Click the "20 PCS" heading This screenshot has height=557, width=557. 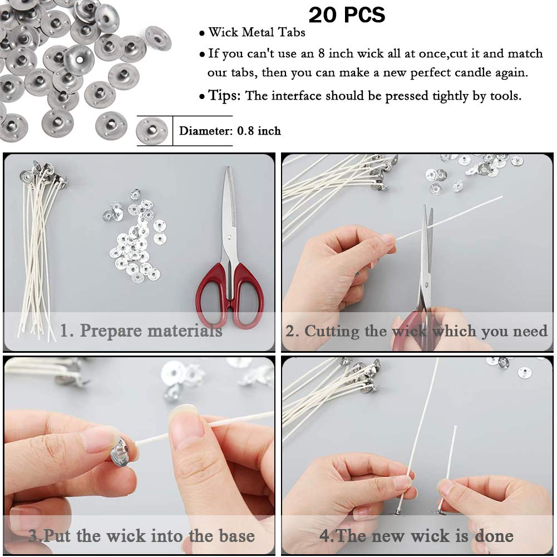(347, 15)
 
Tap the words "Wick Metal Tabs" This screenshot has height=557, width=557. (257, 33)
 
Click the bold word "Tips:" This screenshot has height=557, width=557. (225, 95)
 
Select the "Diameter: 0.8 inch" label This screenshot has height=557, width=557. (230, 131)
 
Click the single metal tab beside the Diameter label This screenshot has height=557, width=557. (152, 131)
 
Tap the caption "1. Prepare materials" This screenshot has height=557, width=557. (141, 331)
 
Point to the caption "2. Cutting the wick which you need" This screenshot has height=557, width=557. (416, 332)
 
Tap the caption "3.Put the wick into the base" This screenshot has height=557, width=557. (141, 536)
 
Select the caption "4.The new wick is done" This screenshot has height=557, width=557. (416, 536)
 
